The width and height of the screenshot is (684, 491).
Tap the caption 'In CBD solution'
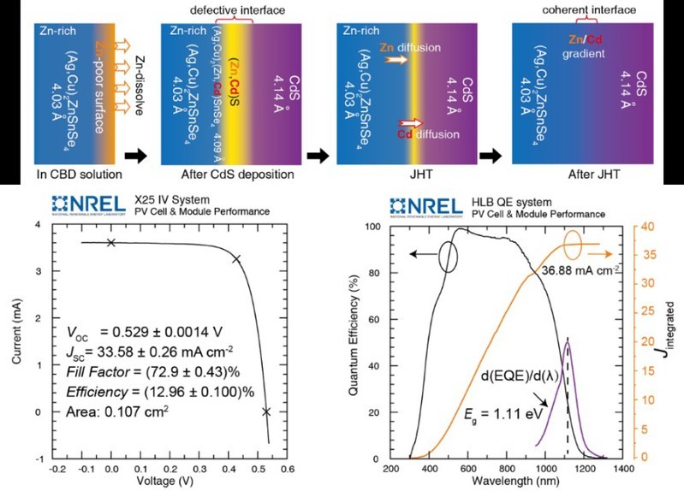click(x=73, y=175)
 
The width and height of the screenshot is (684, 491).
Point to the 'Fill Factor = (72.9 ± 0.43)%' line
click(x=140, y=373)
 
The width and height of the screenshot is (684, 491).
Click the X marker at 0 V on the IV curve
click(x=111, y=243)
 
